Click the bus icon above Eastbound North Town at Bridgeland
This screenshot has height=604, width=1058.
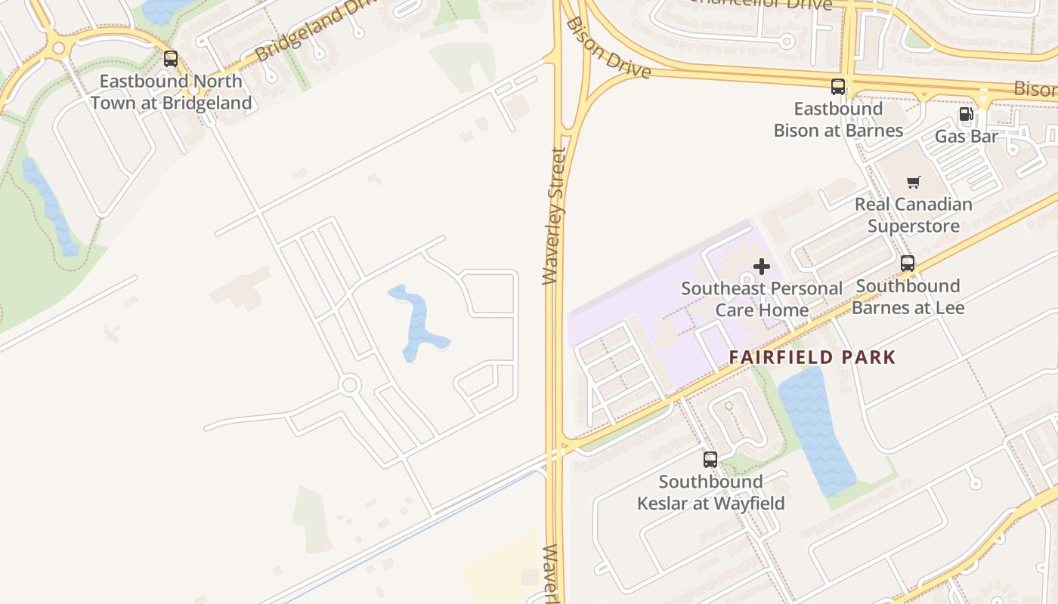171,58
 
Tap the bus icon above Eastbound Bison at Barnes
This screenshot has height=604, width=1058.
838,86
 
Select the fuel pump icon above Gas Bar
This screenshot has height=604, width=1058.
966,115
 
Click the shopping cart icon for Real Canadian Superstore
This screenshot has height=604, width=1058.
914,182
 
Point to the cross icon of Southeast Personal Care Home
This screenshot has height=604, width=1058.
762,266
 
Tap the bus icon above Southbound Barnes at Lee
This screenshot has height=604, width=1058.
908,263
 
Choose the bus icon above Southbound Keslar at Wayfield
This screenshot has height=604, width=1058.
710,459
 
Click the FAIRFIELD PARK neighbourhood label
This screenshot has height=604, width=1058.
812,357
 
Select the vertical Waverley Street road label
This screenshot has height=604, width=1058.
555,216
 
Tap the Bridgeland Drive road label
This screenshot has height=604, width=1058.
317,30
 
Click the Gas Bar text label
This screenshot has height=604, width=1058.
967,137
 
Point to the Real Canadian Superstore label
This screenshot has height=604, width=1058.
914,215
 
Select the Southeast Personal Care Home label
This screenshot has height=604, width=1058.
762,299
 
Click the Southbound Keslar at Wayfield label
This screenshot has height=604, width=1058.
710,492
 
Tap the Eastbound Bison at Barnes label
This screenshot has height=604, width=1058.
838,119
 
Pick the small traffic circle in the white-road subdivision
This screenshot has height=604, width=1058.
349,385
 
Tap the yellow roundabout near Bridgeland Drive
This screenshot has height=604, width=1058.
59,48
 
